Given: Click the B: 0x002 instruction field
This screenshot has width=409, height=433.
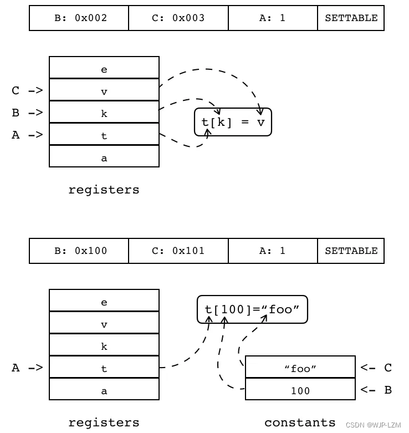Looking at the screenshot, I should pos(79,18).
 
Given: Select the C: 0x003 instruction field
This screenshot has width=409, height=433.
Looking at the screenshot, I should pos(178,18).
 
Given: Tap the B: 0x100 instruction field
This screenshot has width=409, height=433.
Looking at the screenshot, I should pos(79,251).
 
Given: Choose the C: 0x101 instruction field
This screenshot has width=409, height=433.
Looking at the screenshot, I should pos(178,251).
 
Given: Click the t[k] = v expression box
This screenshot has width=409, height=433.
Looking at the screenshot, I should pos(233,122).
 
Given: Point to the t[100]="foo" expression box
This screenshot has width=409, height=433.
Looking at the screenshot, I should pos(252,309).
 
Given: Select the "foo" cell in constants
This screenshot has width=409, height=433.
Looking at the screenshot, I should pos(300,368).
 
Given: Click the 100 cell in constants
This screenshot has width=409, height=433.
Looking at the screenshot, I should pos(300,390).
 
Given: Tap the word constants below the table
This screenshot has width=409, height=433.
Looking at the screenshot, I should pos(300,422).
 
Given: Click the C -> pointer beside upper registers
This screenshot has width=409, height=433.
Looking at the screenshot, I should pos(27,90).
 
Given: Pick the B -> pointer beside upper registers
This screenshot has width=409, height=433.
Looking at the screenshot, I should pos(27,113).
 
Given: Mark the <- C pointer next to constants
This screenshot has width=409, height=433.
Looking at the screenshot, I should pos(376,368).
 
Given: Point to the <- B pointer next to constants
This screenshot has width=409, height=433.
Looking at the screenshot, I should pos(376,390).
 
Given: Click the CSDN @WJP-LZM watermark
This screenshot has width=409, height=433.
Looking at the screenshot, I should pos(373,425).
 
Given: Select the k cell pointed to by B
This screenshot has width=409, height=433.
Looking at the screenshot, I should pos(104,113).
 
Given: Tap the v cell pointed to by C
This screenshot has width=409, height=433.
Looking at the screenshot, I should pos(104,91).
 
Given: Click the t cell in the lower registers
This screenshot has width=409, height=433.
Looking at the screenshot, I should pos(104,368).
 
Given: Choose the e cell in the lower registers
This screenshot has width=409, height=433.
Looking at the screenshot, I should pos(104,302).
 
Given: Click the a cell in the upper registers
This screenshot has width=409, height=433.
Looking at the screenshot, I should pos(104,158).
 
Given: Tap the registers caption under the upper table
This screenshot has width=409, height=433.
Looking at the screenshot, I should pos(104,190).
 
